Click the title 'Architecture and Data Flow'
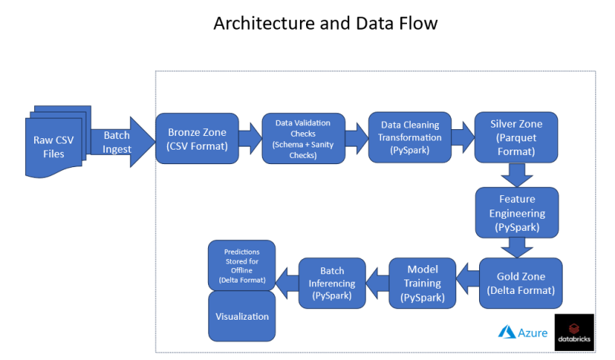326,24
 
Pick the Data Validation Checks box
303,138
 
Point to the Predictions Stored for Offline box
241,265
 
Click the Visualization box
241,315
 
